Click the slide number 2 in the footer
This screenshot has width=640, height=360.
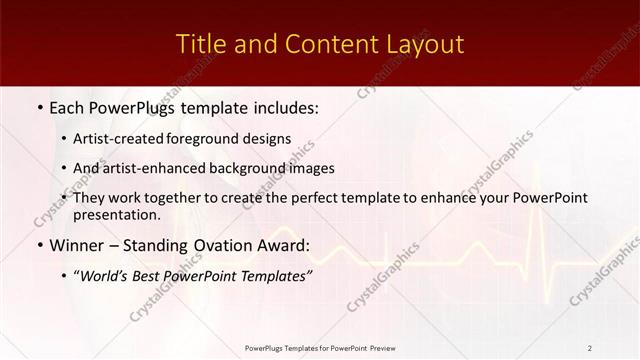[x=589, y=348]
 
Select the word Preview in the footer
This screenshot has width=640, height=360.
[x=382, y=348]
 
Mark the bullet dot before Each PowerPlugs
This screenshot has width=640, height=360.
[x=38, y=106]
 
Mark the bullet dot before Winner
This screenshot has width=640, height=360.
[x=38, y=244]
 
